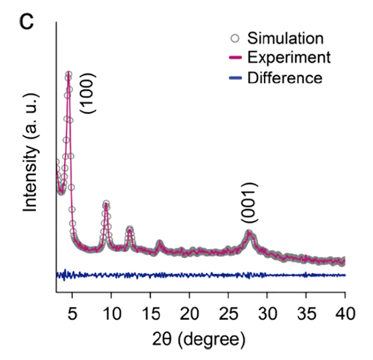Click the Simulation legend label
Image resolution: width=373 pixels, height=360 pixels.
(x=285, y=38)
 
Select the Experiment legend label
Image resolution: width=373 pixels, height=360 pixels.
(x=289, y=57)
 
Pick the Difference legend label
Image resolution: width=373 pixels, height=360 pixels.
(x=285, y=77)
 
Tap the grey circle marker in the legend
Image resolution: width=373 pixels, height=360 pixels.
(x=235, y=38)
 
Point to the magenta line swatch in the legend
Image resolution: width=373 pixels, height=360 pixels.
(x=235, y=58)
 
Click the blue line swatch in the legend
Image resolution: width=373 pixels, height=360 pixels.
(x=235, y=78)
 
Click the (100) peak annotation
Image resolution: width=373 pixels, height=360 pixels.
(x=89, y=93)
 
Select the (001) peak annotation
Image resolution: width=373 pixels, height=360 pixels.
(x=250, y=203)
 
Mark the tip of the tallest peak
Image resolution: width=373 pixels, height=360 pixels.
(x=68, y=73)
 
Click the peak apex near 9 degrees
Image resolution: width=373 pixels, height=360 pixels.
(x=106, y=204)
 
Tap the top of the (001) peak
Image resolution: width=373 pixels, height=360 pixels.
(x=249, y=233)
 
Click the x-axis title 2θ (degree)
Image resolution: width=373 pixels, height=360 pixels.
(x=199, y=338)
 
